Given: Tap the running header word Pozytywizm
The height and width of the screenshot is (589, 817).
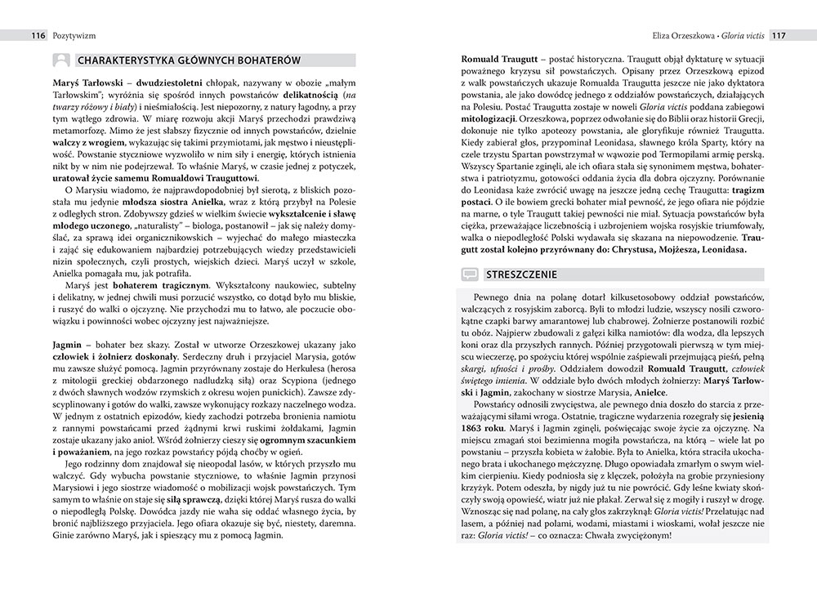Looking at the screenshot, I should tap(71, 36).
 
